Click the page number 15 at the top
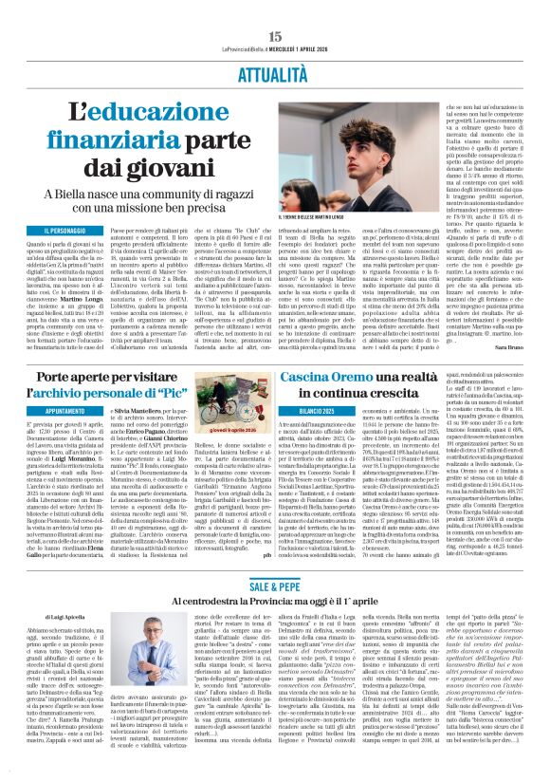pos(275,9)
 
